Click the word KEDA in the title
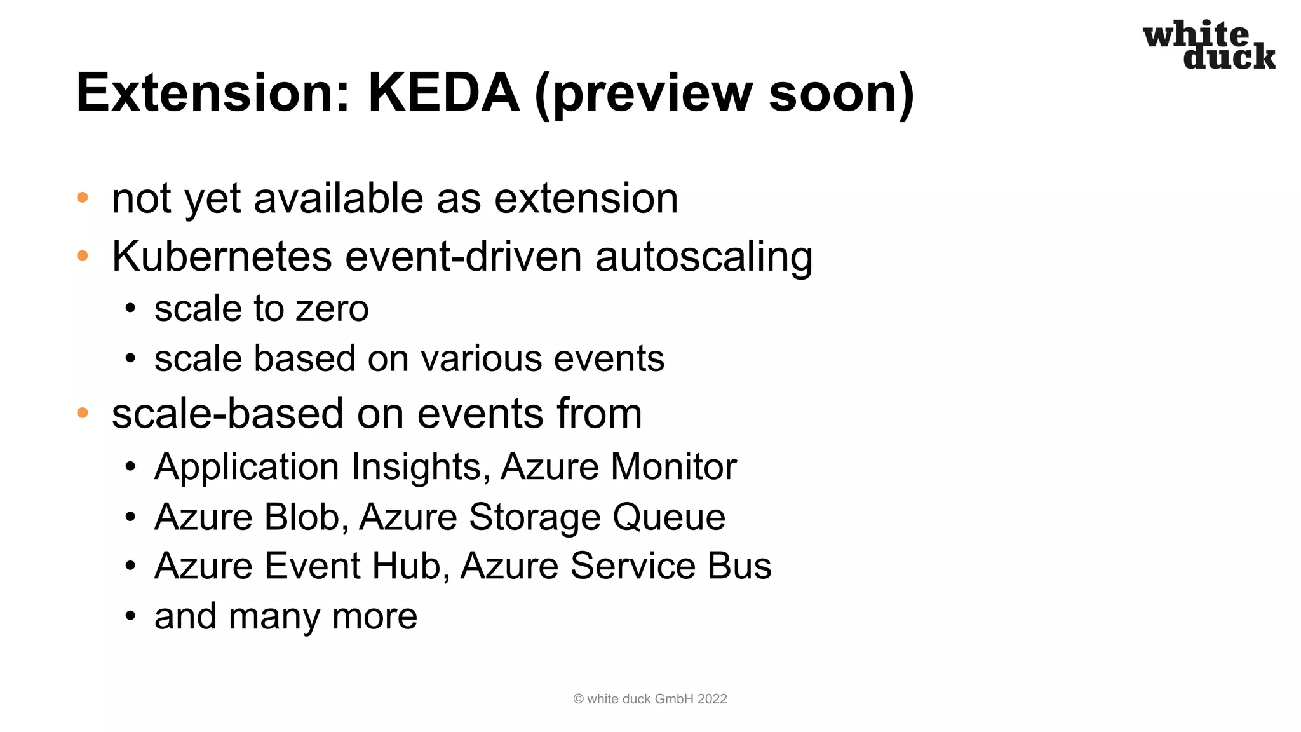coord(443,93)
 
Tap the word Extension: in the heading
coord(213,93)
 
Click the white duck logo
coord(1208,44)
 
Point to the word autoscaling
coord(703,257)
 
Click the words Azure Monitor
coord(618,467)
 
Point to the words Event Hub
coord(352,566)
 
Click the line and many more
coord(285,616)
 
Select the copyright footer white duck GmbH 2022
coord(650,699)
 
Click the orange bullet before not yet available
coord(83,198)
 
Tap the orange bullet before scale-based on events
coord(83,413)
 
